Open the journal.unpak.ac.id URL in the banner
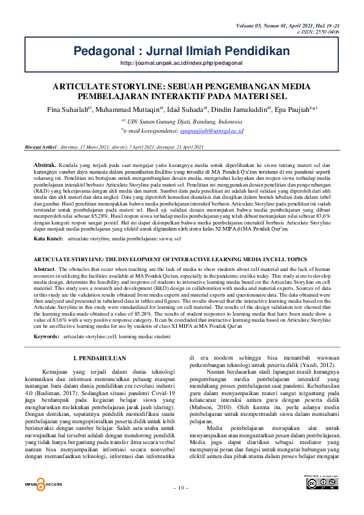coord(182,63)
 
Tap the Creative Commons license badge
coord(322,483)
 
